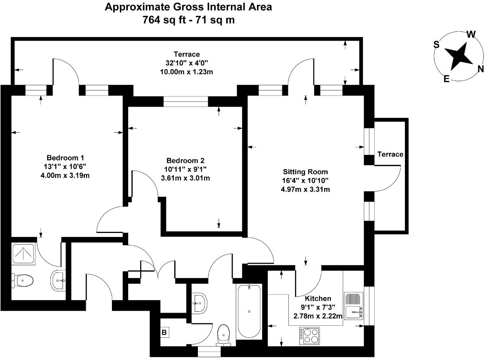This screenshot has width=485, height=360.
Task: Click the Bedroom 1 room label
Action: (x=65, y=157)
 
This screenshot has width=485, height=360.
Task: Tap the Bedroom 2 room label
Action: (x=185, y=160)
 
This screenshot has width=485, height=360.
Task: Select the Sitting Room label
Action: (x=305, y=172)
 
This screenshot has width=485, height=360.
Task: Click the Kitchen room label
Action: (x=318, y=298)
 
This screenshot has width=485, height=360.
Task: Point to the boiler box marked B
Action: (x=164, y=332)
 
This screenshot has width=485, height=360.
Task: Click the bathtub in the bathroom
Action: (x=249, y=311)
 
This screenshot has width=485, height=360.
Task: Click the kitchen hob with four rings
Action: (x=310, y=335)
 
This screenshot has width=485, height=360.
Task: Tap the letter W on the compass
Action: (x=471, y=34)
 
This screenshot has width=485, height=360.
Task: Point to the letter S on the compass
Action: (x=436, y=45)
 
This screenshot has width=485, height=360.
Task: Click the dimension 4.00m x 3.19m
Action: (x=65, y=174)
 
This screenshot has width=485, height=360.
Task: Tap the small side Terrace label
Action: (x=390, y=154)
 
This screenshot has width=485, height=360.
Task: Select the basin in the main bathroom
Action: (x=199, y=303)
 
